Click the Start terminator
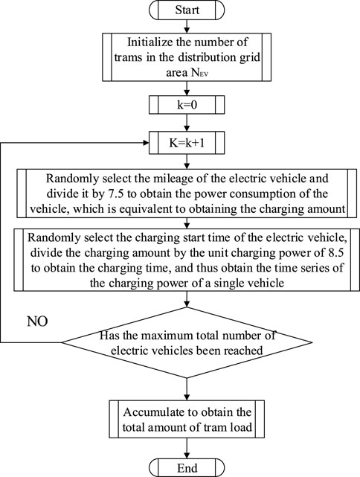click(187, 10)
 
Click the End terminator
click(187, 467)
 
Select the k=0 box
click(187, 105)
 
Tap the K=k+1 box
click(187, 143)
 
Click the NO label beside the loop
click(37, 321)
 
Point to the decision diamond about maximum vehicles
click(187, 343)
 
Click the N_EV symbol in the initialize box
click(199, 74)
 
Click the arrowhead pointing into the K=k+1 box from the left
click(147, 143)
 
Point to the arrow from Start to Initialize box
click(187, 27)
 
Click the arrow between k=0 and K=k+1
click(187, 123)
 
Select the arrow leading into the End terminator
click(187, 449)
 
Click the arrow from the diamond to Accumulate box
click(187, 389)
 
